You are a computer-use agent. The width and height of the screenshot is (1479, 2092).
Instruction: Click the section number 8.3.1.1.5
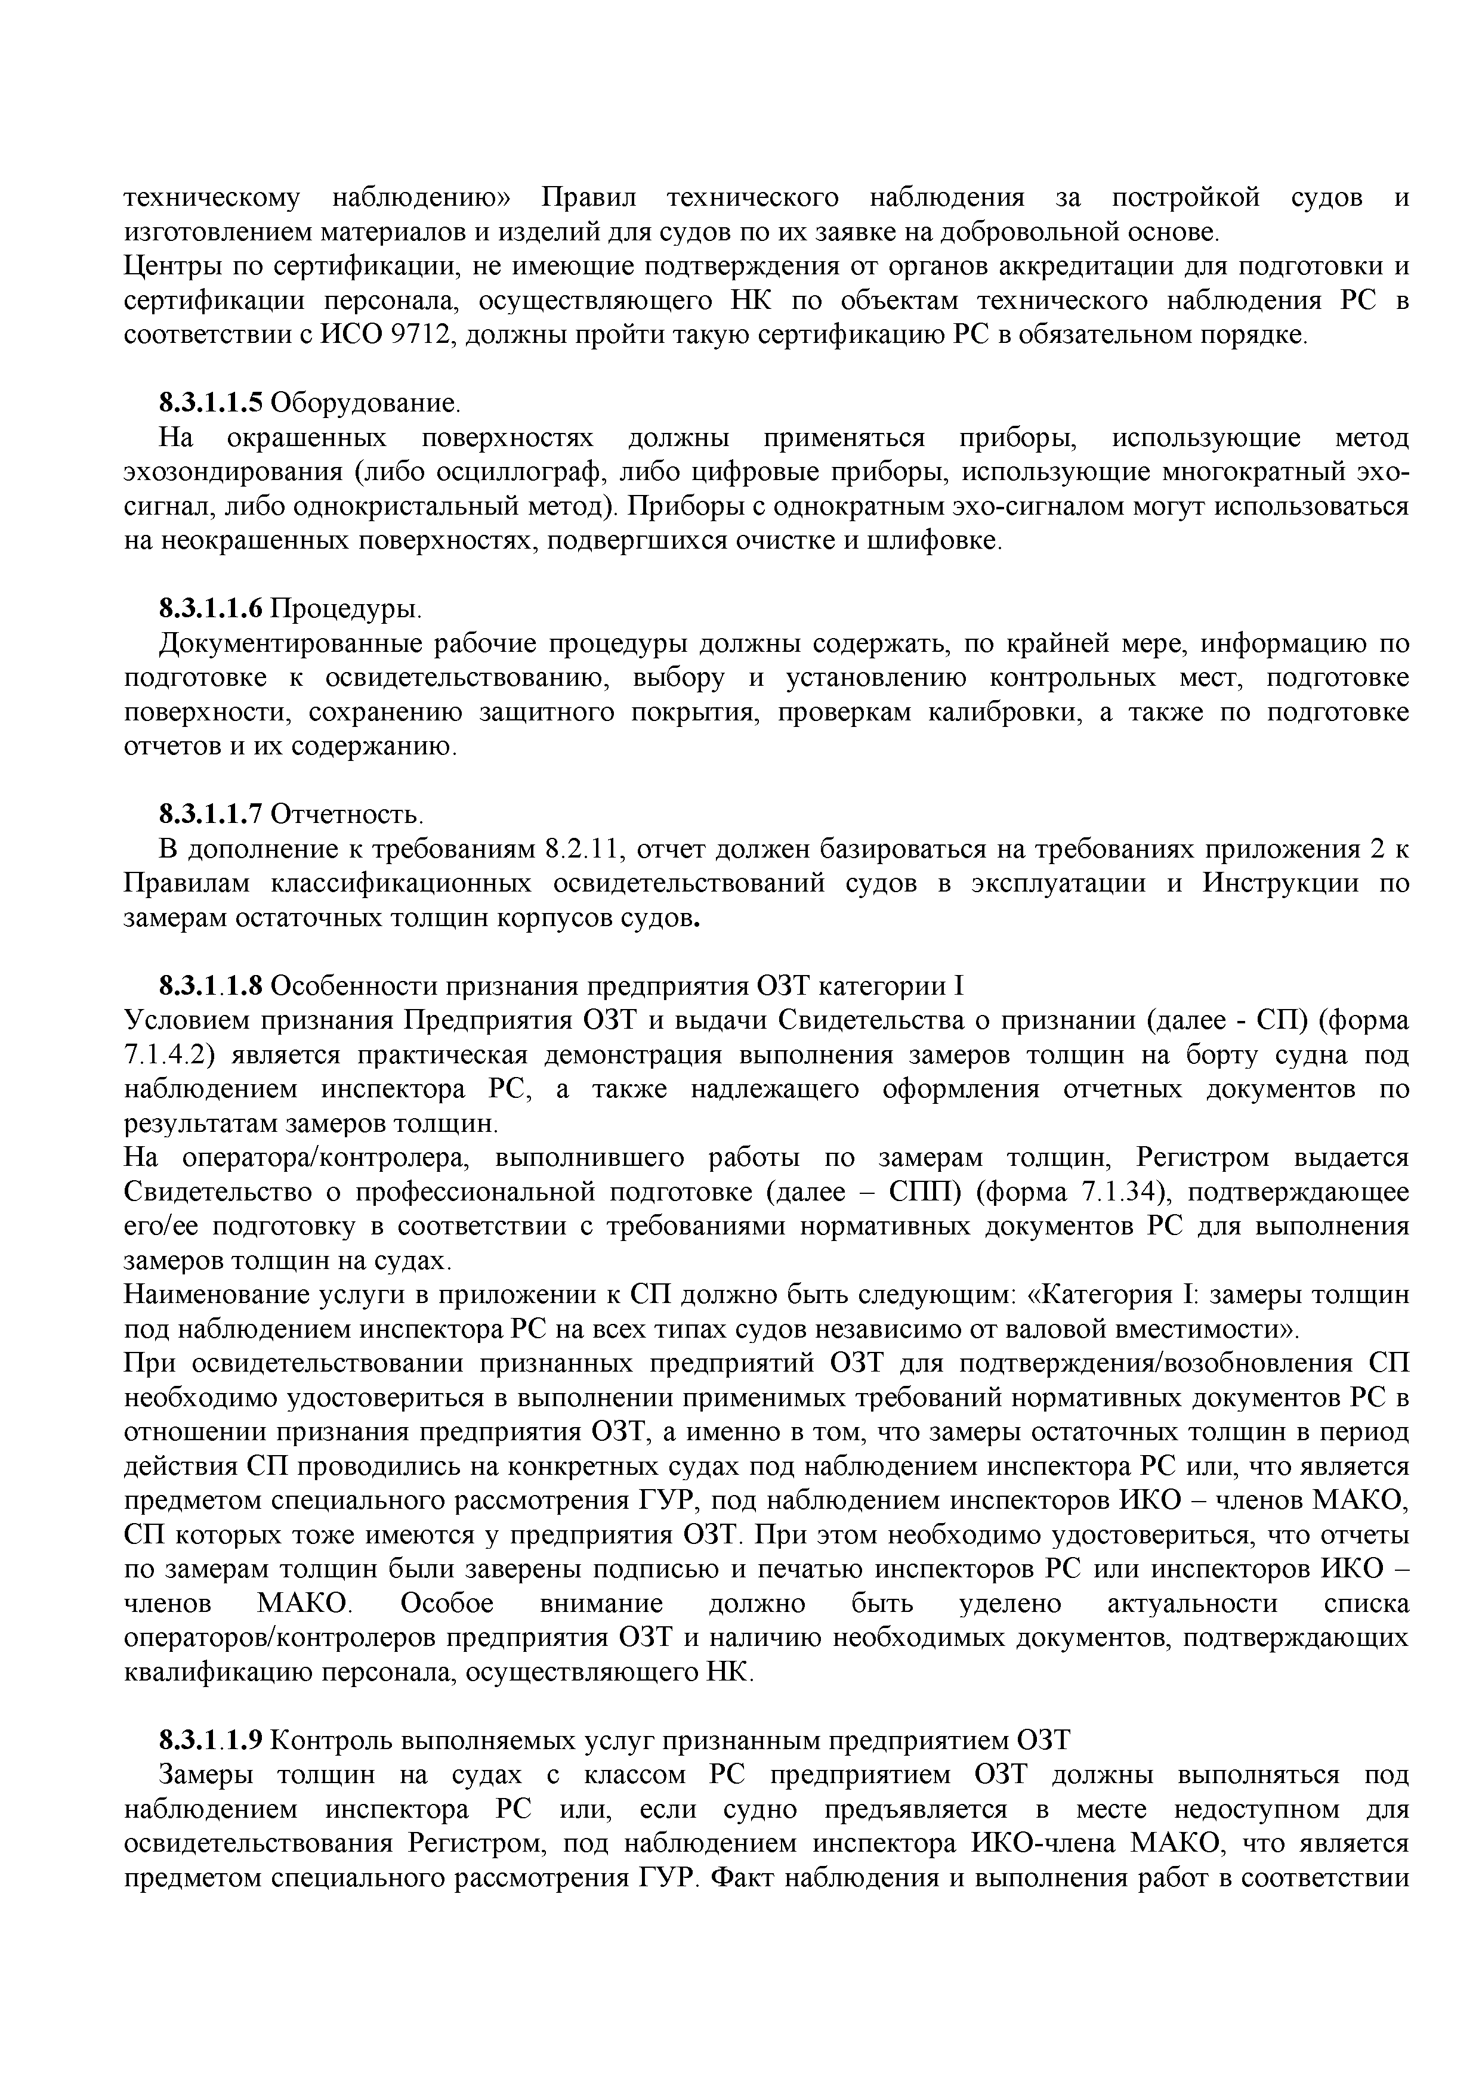211,403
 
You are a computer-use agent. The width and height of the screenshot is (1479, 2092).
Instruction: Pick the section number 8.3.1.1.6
211,608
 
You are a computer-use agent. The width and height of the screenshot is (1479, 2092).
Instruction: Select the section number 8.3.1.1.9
211,1740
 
